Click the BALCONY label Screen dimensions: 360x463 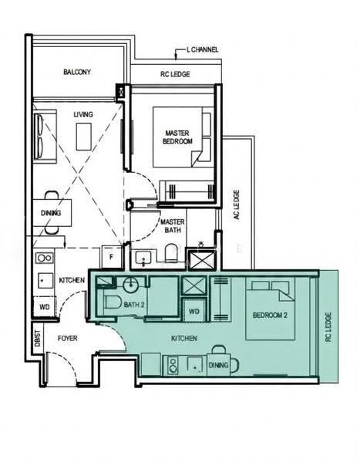pos(77,72)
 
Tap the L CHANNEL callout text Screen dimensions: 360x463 pos(203,49)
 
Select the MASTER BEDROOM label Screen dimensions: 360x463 pos(177,137)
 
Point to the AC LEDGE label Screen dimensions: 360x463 pos(237,204)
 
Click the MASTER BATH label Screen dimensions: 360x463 pos(173,226)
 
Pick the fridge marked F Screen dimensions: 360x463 pos(112,257)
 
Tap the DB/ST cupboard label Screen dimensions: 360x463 pos(38,339)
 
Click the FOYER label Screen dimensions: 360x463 pos(68,339)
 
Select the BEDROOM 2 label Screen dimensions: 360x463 pos(270,315)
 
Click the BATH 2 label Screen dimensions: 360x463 pos(134,305)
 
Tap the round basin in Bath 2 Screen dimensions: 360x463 pos(130,285)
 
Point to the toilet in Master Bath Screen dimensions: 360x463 pos(171,253)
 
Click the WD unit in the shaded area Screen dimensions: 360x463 pos(193,310)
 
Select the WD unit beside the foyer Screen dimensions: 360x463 pos(45,307)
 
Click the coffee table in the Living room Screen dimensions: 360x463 pos(84,137)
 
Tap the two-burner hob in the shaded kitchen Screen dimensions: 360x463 pos(173,365)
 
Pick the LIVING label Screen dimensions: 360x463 pos(83,114)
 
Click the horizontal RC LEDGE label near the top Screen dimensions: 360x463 pos(175,74)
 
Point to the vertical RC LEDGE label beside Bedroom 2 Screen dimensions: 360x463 pos(328,327)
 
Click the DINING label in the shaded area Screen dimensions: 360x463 pos(219,365)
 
